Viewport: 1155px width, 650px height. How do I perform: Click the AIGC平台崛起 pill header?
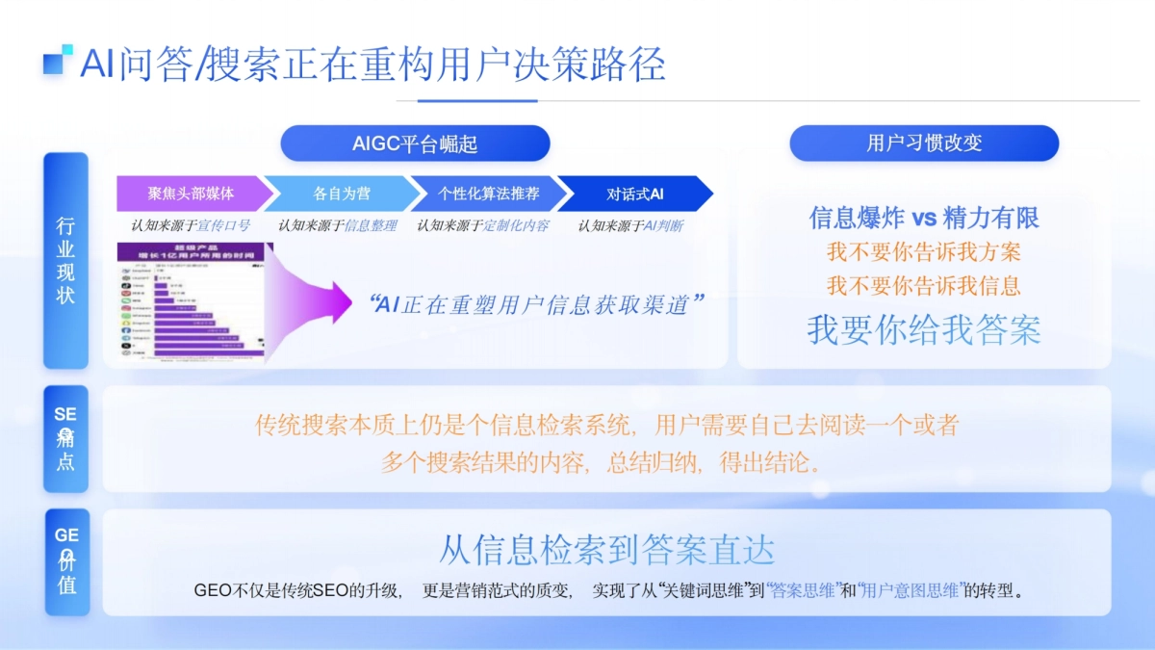[415, 143]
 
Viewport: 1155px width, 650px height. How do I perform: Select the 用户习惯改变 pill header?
[924, 143]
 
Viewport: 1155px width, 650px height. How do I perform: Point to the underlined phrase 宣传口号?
[223, 226]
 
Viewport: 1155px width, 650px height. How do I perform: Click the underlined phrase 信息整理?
[371, 226]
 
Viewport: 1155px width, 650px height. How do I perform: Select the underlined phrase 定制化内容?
[516, 226]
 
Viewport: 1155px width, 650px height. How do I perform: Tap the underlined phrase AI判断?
[663, 226]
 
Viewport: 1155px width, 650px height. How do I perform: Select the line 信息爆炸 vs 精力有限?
[924, 218]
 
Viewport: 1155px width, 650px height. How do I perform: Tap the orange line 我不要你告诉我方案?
[924, 252]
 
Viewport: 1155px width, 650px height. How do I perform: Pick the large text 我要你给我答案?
[924, 329]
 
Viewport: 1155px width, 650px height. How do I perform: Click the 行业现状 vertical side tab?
[65, 260]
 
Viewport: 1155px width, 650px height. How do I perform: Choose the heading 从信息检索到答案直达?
[606, 550]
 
